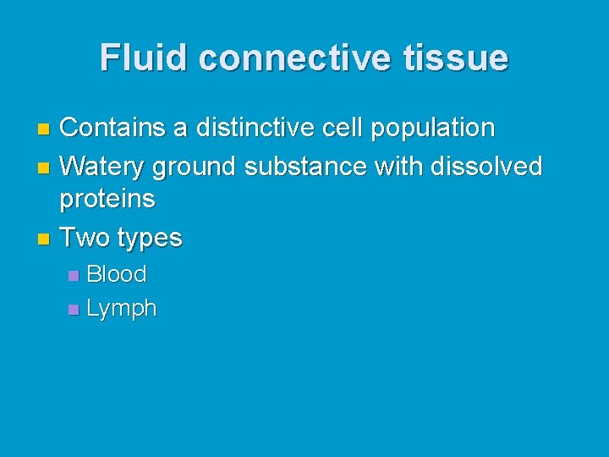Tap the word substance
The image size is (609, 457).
pos(306,166)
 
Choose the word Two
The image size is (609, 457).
pos(81,238)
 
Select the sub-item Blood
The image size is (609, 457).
pos(117,274)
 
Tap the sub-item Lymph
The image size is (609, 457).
pos(122,310)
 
